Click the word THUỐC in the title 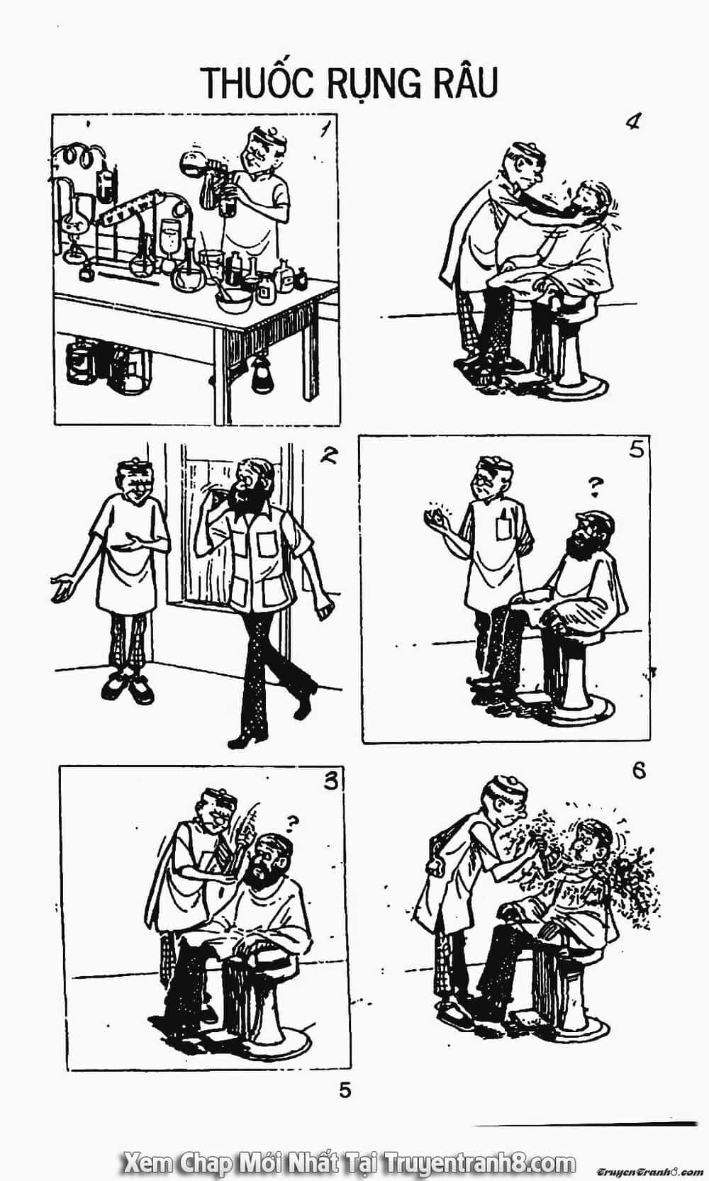click(258, 82)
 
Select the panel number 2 click(330, 454)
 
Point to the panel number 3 click(330, 780)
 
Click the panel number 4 click(632, 123)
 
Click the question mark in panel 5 click(595, 487)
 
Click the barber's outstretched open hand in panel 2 click(62, 587)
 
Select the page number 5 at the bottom click(345, 1090)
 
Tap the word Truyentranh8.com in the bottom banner click(481, 1160)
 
